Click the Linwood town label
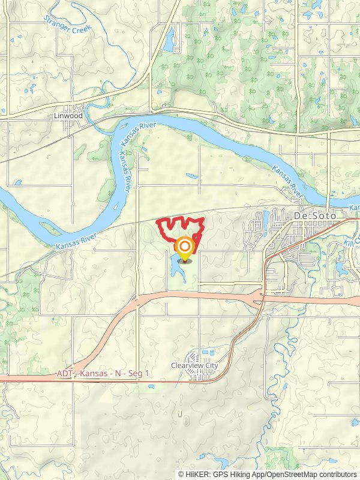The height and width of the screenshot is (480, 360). [67, 116]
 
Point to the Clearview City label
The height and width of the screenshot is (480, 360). [194, 365]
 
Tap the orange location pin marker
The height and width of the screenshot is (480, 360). [185, 248]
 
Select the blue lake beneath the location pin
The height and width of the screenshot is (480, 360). [178, 269]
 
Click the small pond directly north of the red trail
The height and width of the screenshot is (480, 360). [192, 176]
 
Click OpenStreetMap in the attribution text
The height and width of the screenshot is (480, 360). [290, 474]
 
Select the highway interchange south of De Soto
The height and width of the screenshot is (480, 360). [262, 296]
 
